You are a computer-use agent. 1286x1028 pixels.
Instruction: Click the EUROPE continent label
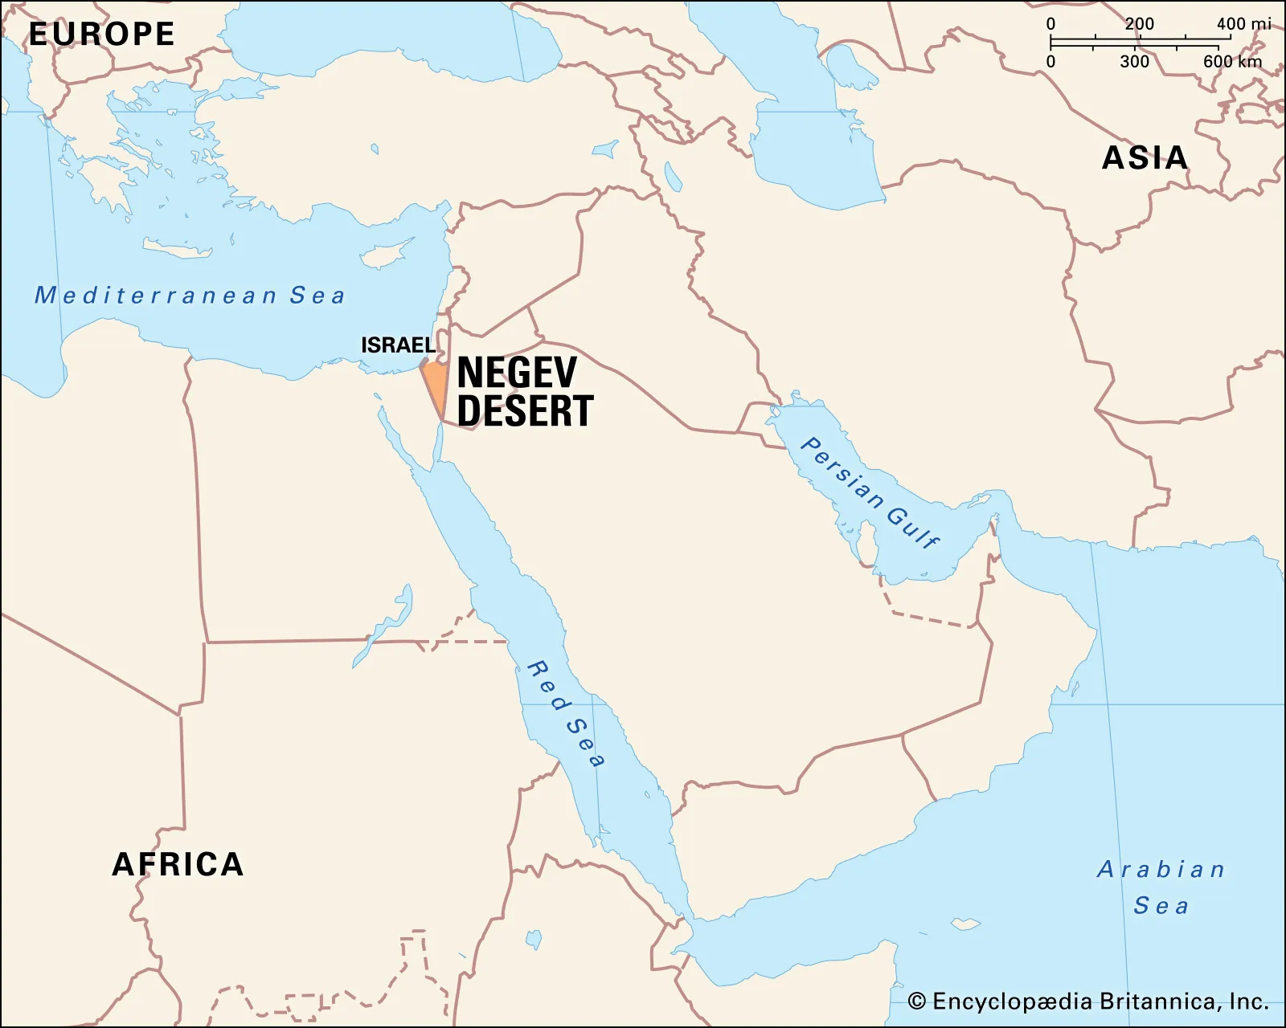pyautogui.click(x=101, y=35)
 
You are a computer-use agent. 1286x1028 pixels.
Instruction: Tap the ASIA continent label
pyautogui.click(x=1145, y=158)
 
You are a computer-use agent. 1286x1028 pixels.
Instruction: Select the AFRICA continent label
pyautogui.click(x=178, y=865)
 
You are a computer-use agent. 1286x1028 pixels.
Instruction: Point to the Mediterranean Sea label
pyautogui.click(x=190, y=296)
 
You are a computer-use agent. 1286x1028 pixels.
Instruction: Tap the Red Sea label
pyautogui.click(x=566, y=713)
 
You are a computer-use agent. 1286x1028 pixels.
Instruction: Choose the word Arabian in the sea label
pyautogui.click(x=1161, y=870)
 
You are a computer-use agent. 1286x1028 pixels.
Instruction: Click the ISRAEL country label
pyautogui.click(x=398, y=345)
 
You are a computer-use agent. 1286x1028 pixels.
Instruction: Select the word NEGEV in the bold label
pyautogui.click(x=517, y=373)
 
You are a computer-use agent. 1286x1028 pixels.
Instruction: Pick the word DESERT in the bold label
pyautogui.click(x=525, y=411)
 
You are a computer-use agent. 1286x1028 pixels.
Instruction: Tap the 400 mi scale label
pyautogui.click(x=1243, y=24)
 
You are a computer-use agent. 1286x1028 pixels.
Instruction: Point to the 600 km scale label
pyautogui.click(x=1232, y=62)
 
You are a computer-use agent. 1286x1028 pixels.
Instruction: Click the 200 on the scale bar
pyautogui.click(x=1139, y=24)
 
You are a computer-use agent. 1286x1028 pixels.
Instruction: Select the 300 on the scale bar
pyautogui.click(x=1134, y=62)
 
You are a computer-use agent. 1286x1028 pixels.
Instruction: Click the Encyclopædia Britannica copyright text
pyautogui.click(x=1100, y=1001)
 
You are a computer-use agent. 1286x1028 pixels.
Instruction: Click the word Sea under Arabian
pyautogui.click(x=1161, y=906)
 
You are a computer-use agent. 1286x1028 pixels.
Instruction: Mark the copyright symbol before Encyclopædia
pyautogui.click(x=917, y=1001)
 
